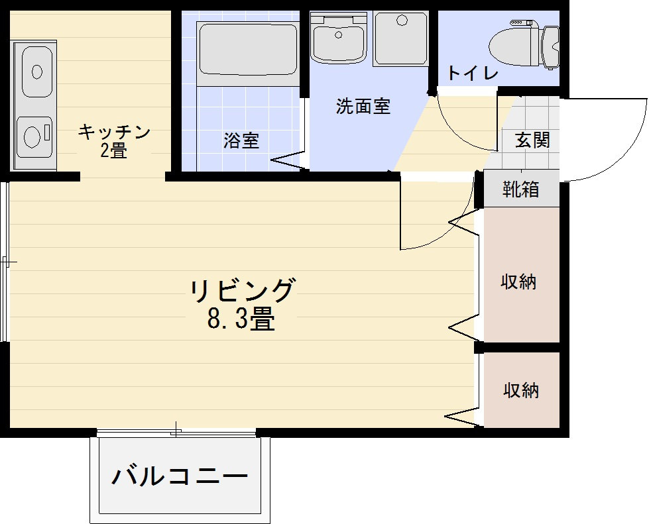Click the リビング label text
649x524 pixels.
point(242,290)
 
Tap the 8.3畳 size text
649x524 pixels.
point(241,319)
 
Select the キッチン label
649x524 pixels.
point(114,132)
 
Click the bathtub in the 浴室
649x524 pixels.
point(248,49)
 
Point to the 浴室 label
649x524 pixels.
point(241,141)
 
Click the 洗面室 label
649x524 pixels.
point(363,106)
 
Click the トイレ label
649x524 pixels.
point(473,74)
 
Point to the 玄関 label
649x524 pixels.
point(533,140)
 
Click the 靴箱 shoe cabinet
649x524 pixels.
point(521,189)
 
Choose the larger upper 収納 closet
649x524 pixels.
point(521,275)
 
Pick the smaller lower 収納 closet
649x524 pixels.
point(521,390)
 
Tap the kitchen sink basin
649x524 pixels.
point(37,72)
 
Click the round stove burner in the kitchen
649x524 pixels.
point(32,136)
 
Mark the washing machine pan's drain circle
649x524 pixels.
point(403,21)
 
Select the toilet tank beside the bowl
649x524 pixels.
point(550,47)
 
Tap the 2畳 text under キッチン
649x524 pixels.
point(113,150)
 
